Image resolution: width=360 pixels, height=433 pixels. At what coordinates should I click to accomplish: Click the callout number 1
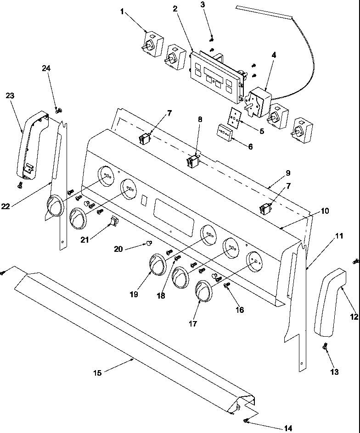click(x=122, y=11)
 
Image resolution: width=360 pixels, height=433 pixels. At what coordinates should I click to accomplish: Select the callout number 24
click(x=46, y=68)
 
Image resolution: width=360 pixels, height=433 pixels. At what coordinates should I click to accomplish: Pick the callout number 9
click(x=288, y=173)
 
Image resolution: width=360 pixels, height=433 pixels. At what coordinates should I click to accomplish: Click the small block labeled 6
click(x=225, y=133)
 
